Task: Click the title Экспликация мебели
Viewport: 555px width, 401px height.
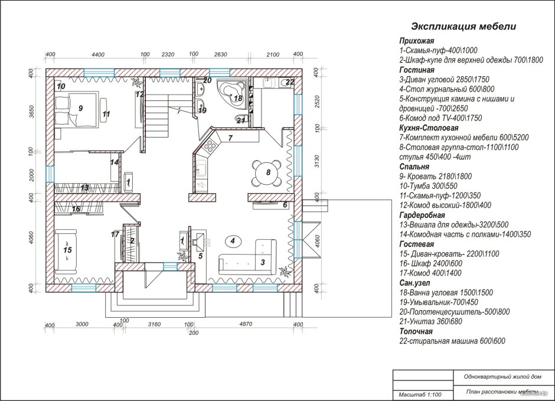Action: [x=463, y=27]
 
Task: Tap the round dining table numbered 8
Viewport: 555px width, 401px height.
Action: [x=268, y=172]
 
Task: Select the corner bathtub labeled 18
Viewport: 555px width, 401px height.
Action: [x=233, y=92]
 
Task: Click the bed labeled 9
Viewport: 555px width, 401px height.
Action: [x=76, y=109]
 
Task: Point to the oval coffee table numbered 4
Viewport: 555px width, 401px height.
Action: [x=233, y=242]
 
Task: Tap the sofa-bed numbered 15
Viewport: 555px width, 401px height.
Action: [x=66, y=251]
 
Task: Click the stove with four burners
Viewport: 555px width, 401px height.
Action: [x=210, y=145]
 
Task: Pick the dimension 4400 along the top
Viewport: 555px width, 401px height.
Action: [x=98, y=54]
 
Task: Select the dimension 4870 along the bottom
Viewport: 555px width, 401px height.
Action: [x=246, y=324]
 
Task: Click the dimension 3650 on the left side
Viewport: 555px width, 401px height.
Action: [x=31, y=112]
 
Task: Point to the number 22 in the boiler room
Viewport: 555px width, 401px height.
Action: [x=290, y=82]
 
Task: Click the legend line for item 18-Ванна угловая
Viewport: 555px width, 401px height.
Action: [x=446, y=293]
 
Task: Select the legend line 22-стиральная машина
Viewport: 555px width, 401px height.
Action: [x=452, y=341]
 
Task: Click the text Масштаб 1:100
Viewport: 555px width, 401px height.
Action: [x=420, y=395]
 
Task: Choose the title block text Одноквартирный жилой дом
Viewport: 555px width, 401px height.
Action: [x=502, y=377]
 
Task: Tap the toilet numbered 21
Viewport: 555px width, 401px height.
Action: [x=239, y=119]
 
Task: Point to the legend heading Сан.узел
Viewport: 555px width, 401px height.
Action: [x=415, y=283]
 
